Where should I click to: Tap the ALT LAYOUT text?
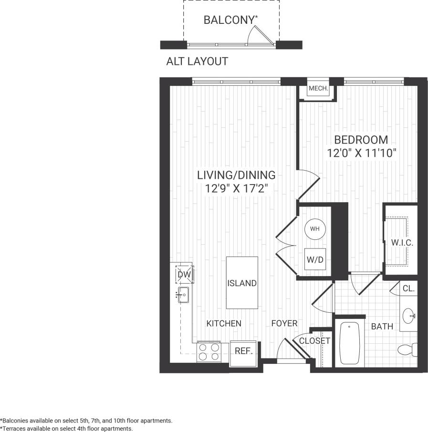197,62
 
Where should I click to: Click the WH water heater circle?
315,229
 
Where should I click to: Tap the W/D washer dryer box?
314,260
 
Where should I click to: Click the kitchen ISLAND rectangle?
242,283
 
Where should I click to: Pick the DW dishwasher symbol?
184,275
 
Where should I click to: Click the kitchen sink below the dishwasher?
183,295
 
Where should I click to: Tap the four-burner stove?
209,352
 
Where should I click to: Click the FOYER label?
284,323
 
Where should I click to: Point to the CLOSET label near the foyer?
314,341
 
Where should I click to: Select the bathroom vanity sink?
408,315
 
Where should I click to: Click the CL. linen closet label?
408,289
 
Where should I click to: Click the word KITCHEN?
224,323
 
